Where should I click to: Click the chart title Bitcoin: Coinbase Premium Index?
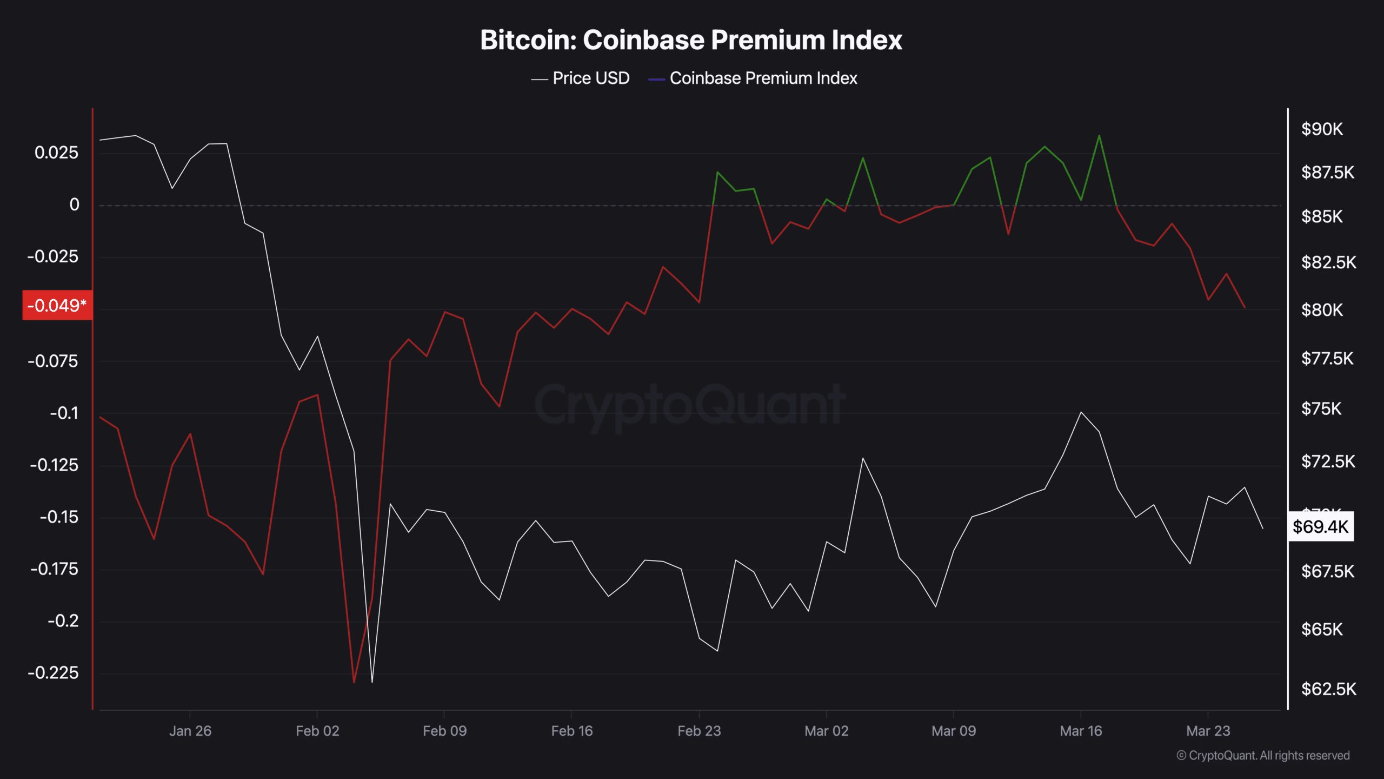tap(691, 40)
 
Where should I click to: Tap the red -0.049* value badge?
tap(57, 306)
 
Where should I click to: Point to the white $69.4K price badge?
tap(1320, 526)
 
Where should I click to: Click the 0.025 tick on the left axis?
tap(56, 153)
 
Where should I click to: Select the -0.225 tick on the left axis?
tap(53, 672)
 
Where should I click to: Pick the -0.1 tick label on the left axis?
tap(64, 413)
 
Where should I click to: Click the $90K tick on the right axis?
tap(1322, 129)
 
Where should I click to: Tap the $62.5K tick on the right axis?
tap(1328, 689)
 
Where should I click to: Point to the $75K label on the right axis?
tap(1321, 408)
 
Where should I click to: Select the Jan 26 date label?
tap(190, 731)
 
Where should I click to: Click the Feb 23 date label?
tap(699, 731)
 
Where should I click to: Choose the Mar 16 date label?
tap(1081, 731)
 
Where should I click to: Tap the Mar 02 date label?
tap(826, 731)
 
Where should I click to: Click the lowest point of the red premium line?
tap(354, 682)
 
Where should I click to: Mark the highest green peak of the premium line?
tap(1099, 135)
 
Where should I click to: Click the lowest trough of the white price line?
tap(372, 682)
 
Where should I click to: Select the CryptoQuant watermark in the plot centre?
tap(690, 405)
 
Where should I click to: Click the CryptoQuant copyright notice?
tap(1263, 755)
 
